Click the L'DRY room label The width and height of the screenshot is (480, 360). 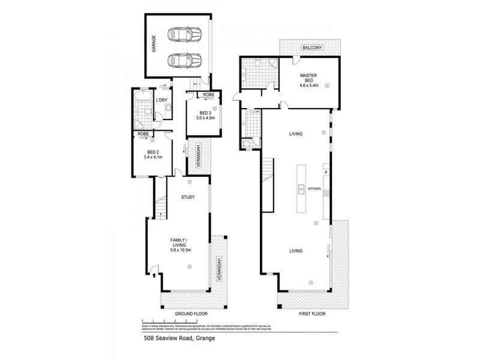click(161, 101)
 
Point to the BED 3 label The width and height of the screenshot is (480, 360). click(205, 113)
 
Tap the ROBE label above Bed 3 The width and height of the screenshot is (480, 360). click(208, 95)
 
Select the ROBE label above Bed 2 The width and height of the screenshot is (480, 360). click(143, 134)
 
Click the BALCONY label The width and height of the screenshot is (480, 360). click(312, 47)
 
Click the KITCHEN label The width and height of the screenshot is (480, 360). click(315, 189)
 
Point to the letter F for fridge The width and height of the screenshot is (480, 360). click(326, 173)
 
